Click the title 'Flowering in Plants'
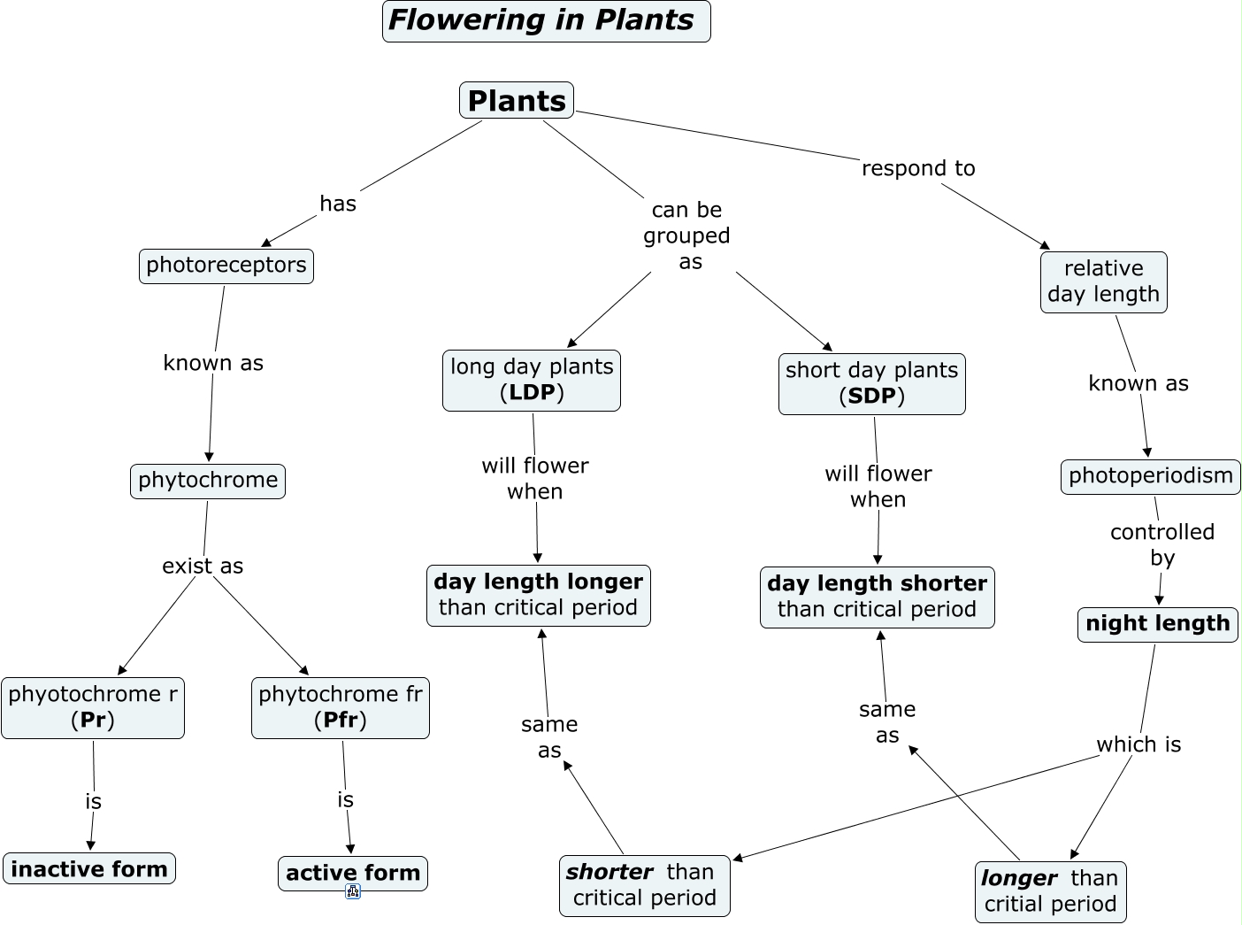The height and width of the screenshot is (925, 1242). pos(546,21)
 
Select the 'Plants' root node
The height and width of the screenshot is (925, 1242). pos(517,100)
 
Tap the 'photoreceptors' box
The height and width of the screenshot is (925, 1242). pos(226,266)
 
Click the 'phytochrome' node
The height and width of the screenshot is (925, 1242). pos(208,481)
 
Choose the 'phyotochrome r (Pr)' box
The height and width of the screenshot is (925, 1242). pos(93,707)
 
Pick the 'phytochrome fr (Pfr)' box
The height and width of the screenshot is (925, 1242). pos(341,707)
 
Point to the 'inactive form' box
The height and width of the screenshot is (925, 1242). pos(89,868)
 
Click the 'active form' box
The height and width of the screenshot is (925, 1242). pos(353,873)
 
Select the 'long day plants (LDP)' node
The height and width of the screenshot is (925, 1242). pos(532,380)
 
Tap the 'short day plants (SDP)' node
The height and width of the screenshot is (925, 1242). pos(872,383)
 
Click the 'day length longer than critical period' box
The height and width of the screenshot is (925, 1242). pos(539,595)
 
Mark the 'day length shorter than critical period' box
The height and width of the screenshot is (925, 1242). pos(878,597)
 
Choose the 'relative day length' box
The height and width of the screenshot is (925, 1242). pos(1104,281)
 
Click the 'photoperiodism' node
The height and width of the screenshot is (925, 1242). pos(1151,476)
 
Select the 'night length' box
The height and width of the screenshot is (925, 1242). pos(1158,624)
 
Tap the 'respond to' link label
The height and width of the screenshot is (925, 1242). pos(918,168)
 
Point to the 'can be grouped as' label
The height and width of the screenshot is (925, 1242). pos(687,235)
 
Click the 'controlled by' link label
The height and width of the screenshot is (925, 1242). pos(1162,544)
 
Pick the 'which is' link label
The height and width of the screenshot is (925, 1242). pos(1138,744)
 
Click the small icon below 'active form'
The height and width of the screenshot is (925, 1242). pos(353,892)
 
